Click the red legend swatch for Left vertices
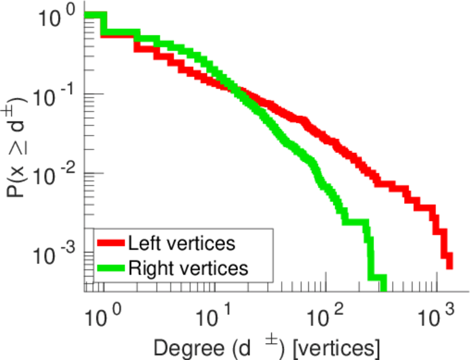[111, 244]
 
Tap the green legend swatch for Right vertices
[111, 268]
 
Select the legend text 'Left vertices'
[181, 244]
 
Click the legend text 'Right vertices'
[187, 268]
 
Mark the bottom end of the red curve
[448, 264]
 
